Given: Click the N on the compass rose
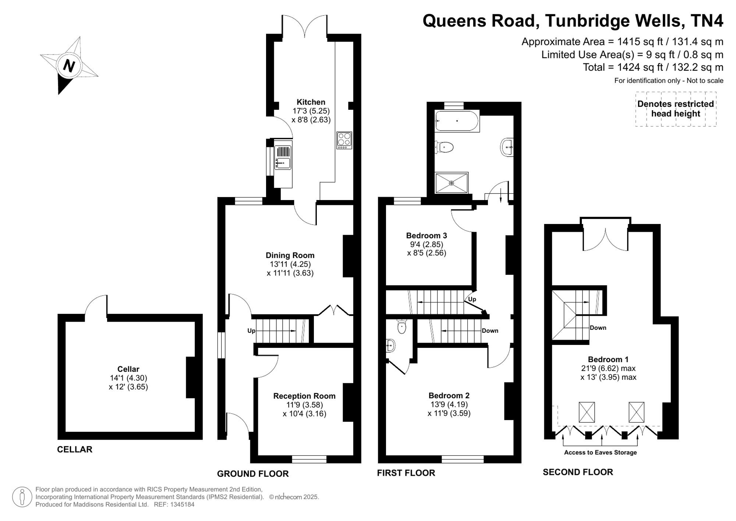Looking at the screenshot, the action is point(69,66).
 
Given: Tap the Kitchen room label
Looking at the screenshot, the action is point(311,102).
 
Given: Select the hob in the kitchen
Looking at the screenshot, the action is point(344,140).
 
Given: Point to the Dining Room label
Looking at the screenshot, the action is point(290,255).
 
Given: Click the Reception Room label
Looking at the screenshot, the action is point(304,396).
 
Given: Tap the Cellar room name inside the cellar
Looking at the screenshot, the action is point(128,369).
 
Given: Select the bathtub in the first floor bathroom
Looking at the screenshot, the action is point(457,120).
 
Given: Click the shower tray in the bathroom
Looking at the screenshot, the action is point(452,183).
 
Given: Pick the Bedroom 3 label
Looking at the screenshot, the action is point(427,235).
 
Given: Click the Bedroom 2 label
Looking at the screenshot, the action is point(449,396).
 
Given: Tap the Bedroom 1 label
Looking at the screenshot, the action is point(608,360).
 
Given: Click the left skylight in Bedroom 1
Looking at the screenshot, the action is point(587,412).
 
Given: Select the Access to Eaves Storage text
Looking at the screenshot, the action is point(600,452).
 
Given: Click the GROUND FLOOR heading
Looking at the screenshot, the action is point(253,474).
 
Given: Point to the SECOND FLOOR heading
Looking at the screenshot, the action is point(578,472).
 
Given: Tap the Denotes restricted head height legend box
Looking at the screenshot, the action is point(676,109).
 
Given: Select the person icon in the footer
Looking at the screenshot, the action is point(22,497).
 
